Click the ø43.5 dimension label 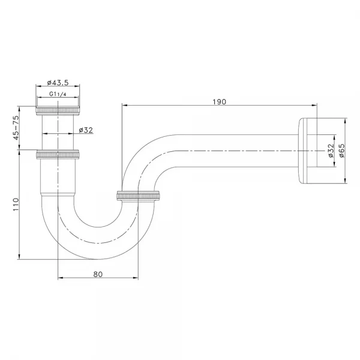pos(58,83)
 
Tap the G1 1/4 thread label pos(58,94)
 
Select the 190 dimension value pos(219,102)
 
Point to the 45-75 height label pos(16,128)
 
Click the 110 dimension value pos(16,205)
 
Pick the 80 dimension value pos(98,274)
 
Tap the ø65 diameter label pos(341,151)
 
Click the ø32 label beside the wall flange pos(331,151)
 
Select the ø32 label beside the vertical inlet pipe pos(86,130)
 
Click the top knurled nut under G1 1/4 pos(58,111)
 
